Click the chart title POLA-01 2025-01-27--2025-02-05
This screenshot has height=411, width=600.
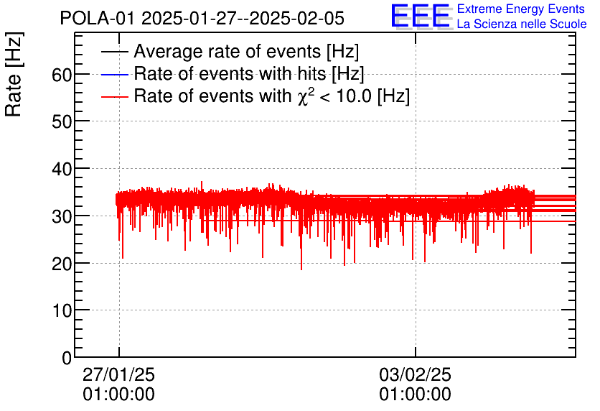tap(202, 18)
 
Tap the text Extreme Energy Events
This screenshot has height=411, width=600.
tap(521, 9)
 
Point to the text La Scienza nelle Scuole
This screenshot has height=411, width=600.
tap(522, 24)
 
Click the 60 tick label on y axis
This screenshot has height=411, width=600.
tap(62, 75)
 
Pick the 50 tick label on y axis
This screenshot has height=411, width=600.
tap(62, 121)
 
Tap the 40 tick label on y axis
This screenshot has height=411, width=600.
tap(62, 169)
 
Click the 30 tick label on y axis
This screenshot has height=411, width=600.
tap(62, 216)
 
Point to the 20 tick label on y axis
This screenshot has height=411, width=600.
tap(62, 263)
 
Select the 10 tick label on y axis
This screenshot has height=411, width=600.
tap(62, 310)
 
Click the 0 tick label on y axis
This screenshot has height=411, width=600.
tap(67, 357)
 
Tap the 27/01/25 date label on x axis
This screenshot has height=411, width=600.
tap(119, 376)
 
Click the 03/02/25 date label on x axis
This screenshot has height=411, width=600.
tap(416, 376)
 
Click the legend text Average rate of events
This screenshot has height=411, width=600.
tap(246, 52)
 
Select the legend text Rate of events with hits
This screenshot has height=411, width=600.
tap(249, 74)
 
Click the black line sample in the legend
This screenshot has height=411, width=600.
tap(115, 52)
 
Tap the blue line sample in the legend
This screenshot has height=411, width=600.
tap(115, 75)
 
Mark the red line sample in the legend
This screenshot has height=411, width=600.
tap(115, 96)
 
